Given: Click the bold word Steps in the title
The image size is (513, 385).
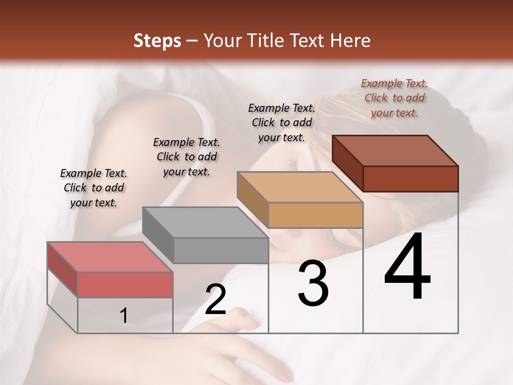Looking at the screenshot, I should coord(157,41).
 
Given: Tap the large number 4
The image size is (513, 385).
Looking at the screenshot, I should coord(407,267).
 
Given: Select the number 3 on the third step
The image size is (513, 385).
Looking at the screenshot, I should coord(313,283).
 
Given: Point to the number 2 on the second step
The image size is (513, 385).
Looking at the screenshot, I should coord(215,300).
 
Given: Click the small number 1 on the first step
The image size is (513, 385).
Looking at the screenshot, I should coord(123,316).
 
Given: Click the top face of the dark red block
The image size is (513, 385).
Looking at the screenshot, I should coord(395,150).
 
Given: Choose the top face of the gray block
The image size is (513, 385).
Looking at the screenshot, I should coord(205,222).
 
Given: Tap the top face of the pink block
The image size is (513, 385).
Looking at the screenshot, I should coord(110,257).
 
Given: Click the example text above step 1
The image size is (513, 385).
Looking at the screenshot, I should coord(94,188).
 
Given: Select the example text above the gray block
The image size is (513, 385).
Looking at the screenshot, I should coord(186,157).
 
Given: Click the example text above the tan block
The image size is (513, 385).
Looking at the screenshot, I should coord(282,122).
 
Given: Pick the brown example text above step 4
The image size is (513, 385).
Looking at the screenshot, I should coord(394,98).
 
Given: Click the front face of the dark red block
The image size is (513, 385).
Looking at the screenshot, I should coord(410,179).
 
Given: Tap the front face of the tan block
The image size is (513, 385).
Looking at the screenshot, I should coord(315,215).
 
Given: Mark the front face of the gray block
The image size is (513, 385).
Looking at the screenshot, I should coord(221,250).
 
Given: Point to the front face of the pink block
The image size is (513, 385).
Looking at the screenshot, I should coord(125,284).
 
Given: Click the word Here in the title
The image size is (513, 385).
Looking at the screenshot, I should coord(351,41).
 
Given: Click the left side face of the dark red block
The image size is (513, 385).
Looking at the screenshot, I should coord(347,163).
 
